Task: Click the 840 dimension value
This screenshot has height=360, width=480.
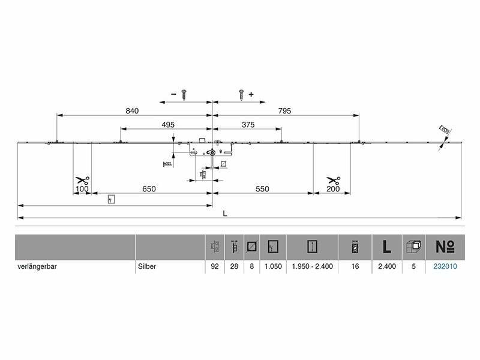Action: [133, 110]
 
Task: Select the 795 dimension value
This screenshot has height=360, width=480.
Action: [286, 110]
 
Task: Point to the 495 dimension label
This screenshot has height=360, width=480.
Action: [167, 125]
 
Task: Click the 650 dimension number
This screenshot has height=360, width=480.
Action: [149, 189]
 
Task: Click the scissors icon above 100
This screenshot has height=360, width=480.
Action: [82, 180]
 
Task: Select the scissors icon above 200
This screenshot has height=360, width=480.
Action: [334, 180]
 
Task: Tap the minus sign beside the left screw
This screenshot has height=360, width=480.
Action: [173, 94]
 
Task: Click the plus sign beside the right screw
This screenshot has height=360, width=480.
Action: [251, 94]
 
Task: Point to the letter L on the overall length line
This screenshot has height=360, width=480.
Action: [224, 214]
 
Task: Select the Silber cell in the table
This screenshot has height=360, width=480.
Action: [147, 266]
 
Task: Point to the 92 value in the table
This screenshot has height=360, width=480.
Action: [214, 266]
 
